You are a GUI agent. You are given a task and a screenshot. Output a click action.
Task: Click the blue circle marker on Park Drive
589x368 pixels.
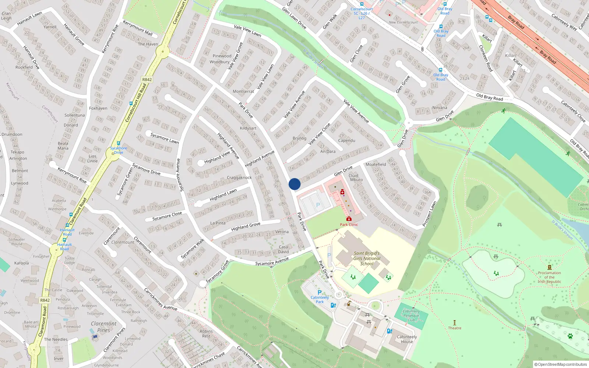[x=294, y=184]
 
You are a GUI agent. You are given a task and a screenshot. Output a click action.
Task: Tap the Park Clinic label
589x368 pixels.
[x=349, y=224]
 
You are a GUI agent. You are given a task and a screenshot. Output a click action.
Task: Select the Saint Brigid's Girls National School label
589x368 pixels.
[x=367, y=258]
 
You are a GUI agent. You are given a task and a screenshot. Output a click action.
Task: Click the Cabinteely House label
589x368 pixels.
[x=407, y=339]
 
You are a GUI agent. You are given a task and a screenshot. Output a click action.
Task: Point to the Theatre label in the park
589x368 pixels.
[x=455, y=328]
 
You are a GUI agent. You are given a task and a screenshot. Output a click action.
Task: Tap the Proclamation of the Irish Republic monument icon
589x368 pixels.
[x=550, y=268]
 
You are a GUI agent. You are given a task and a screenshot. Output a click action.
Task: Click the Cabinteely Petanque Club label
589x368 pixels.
[x=411, y=315]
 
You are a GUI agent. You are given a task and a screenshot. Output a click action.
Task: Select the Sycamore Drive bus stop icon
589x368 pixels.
[x=118, y=144]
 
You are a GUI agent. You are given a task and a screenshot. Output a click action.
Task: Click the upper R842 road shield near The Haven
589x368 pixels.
[x=147, y=79]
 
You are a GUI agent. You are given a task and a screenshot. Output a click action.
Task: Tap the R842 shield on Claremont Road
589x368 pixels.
[x=45, y=300]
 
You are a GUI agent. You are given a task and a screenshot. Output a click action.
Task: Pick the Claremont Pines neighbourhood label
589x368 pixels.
[x=103, y=327]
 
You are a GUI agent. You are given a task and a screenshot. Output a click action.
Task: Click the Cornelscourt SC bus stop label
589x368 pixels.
[x=361, y=13]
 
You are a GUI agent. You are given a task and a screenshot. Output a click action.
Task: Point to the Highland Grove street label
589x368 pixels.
[x=246, y=226]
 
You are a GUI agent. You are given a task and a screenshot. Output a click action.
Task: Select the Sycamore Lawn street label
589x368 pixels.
[x=165, y=138]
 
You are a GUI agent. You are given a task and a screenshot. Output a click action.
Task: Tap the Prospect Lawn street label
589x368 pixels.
[x=429, y=214]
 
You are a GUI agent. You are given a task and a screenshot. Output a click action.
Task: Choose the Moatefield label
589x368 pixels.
[x=375, y=164]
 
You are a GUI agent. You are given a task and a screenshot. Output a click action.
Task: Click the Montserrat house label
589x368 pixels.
[x=243, y=91]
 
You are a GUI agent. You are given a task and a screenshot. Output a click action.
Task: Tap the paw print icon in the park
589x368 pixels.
[x=570, y=336]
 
